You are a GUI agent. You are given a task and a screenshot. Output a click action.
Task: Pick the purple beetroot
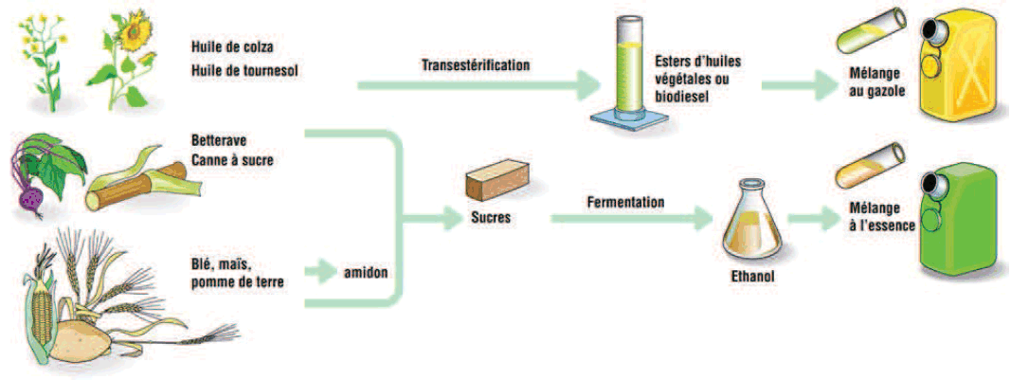pyautogui.click(x=32, y=197)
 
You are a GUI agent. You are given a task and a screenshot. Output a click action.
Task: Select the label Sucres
pyautogui.click(x=491, y=217)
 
